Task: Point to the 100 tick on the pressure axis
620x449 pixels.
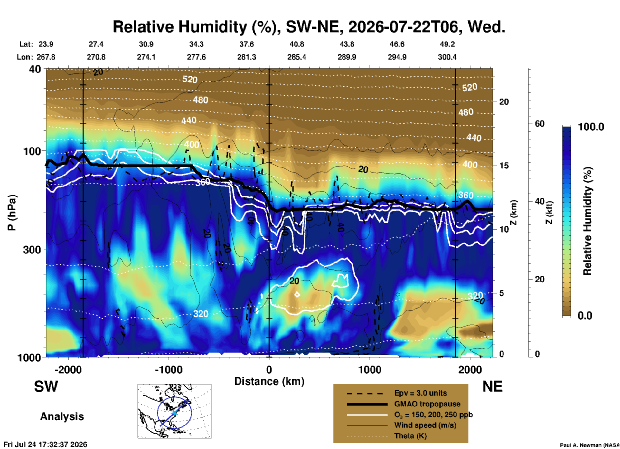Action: coord(33,151)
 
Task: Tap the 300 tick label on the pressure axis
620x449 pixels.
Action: coord(33,250)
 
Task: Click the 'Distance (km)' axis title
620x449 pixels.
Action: coord(269,381)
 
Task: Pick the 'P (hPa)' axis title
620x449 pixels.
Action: coord(12,213)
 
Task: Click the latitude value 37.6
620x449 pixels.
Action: coord(247,44)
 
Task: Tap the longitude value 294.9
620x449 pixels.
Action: coord(397,57)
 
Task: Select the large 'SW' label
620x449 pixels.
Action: coord(46,387)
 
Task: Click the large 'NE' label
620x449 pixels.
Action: coord(492,387)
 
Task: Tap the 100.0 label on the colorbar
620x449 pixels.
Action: coord(591,127)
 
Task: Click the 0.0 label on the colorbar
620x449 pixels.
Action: coord(585,316)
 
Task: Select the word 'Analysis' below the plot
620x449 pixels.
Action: coord(62,416)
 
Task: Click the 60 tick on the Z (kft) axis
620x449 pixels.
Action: coord(540,124)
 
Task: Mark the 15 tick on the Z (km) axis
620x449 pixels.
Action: coord(504,166)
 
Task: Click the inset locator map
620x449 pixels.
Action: coord(174,411)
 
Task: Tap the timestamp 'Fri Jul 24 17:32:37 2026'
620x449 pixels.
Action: coord(45,444)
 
